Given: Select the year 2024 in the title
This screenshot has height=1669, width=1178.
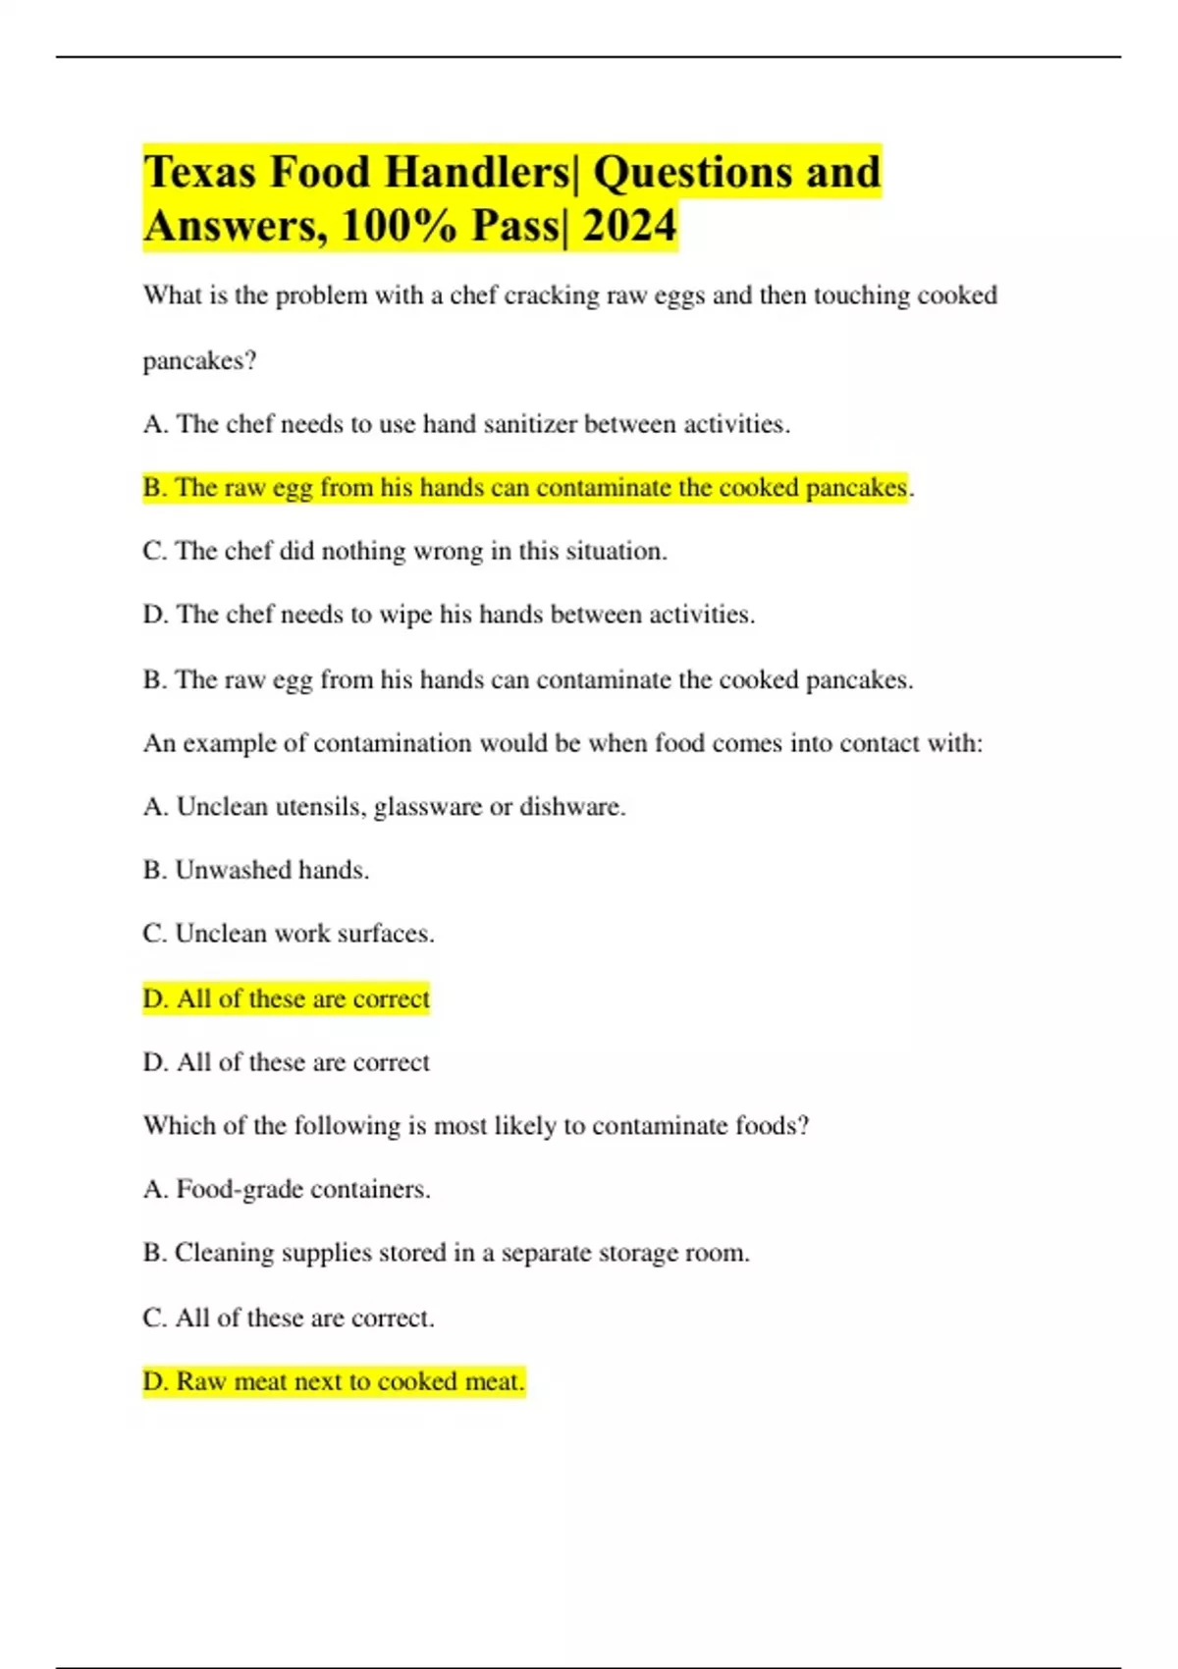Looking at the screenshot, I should [x=629, y=227].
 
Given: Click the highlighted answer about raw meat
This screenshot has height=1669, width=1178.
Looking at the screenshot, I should [x=334, y=1381].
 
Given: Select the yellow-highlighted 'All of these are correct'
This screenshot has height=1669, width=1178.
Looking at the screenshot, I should [x=286, y=998].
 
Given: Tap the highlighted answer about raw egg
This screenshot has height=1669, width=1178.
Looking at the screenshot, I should [x=525, y=488].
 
